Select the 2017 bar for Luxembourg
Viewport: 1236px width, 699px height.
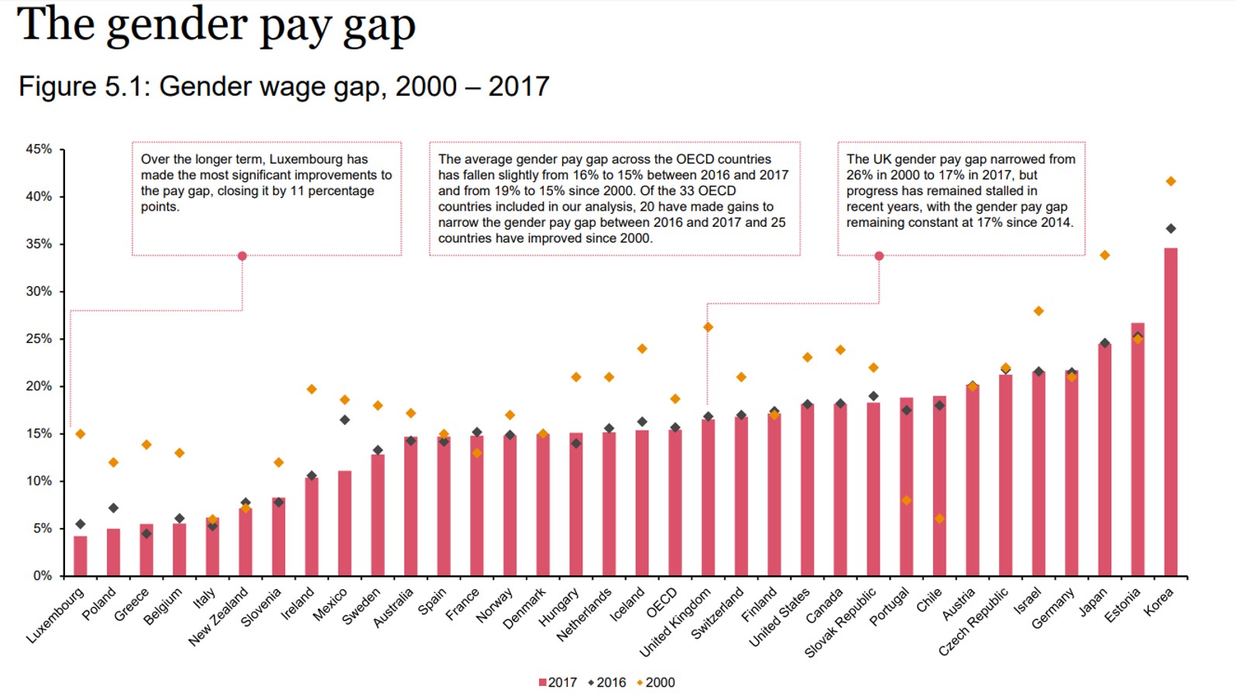click(x=81, y=556)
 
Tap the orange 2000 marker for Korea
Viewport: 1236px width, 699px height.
click(x=1170, y=181)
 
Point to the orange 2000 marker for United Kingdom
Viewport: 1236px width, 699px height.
click(x=708, y=327)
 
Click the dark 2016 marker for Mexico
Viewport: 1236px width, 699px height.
click(x=345, y=420)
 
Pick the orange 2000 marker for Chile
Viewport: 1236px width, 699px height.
click(x=939, y=519)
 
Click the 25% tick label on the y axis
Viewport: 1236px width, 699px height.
click(x=39, y=339)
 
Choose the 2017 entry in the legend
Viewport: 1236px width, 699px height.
click(x=558, y=683)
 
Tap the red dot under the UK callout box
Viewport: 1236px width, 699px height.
click(x=879, y=256)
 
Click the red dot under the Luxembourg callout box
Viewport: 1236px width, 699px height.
click(x=242, y=256)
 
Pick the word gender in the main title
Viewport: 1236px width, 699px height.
click(x=178, y=25)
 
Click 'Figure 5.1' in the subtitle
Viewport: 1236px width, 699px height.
click(x=81, y=87)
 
